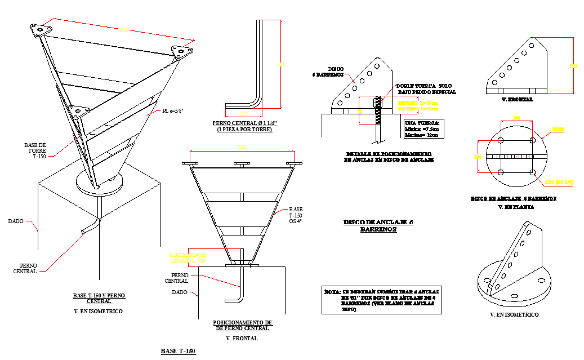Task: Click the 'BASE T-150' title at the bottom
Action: pyautogui.click(x=178, y=352)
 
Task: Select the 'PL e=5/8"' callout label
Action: pyautogui.click(x=173, y=111)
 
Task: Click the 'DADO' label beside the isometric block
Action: pyautogui.click(x=16, y=221)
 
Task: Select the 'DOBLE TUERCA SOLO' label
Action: pyautogui.click(x=426, y=86)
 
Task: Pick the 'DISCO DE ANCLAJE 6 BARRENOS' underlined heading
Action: pyautogui.click(x=378, y=225)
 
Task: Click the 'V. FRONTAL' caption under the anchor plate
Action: pyautogui.click(x=516, y=99)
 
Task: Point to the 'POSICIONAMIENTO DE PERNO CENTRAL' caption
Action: pyautogui.click(x=242, y=325)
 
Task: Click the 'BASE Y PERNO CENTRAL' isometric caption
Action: pyautogui.click(x=99, y=298)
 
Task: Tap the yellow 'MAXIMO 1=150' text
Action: pyautogui.click(x=188, y=255)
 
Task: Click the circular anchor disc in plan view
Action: pyautogui.click(x=516, y=156)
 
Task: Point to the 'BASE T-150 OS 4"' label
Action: pyautogui.click(x=296, y=215)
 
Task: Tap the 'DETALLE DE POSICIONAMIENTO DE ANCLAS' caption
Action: pyautogui.click(x=389, y=157)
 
